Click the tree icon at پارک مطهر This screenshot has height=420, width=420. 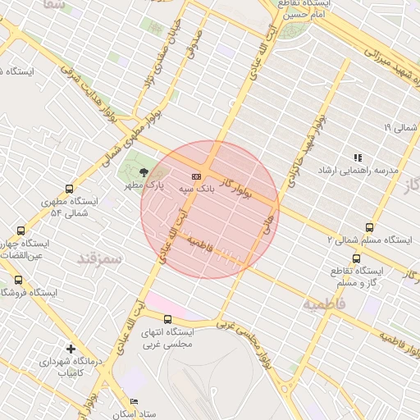(144, 172)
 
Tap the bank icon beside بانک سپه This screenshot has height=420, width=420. (197, 176)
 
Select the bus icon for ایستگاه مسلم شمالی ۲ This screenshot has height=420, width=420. (369, 228)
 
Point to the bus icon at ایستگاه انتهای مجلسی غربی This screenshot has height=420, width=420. (167, 320)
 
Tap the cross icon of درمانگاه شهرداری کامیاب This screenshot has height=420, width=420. (71, 349)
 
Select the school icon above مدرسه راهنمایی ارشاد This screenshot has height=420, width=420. (357, 157)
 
